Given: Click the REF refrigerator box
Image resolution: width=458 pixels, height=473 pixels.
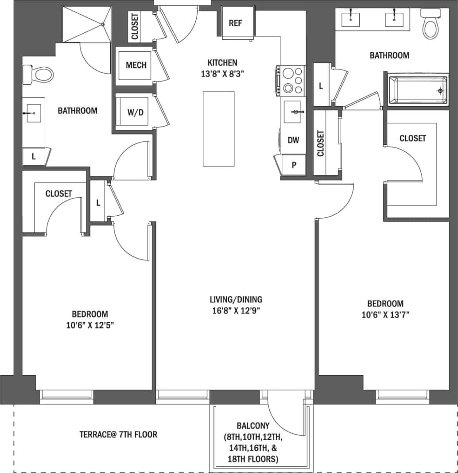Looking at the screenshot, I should (236, 23).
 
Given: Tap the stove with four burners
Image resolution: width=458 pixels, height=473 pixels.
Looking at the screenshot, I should (291, 80).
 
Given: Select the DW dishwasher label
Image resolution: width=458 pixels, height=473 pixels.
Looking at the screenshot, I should (293, 140).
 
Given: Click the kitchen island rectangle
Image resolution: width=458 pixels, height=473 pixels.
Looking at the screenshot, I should (219, 128).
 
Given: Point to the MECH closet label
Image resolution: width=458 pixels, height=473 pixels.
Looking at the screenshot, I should (136, 66).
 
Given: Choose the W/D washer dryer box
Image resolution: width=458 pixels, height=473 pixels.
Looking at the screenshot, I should (135, 112).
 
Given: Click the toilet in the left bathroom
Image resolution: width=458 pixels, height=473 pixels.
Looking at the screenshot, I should (39, 75).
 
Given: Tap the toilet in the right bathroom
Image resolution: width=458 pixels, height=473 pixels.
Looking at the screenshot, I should (430, 26).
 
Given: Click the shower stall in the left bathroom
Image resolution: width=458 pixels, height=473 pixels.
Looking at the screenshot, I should (86, 24).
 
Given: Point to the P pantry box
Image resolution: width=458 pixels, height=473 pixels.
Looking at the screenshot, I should (293, 165).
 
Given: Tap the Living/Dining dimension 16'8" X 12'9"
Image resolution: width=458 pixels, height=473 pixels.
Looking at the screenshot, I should (236, 310).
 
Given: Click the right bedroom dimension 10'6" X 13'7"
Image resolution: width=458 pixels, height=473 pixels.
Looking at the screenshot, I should (385, 315).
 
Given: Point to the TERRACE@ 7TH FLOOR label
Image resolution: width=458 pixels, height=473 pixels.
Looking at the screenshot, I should (118, 434).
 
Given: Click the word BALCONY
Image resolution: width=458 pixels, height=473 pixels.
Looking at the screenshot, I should (253, 426).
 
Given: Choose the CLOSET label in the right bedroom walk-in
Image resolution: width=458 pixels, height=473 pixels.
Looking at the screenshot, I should (412, 138).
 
